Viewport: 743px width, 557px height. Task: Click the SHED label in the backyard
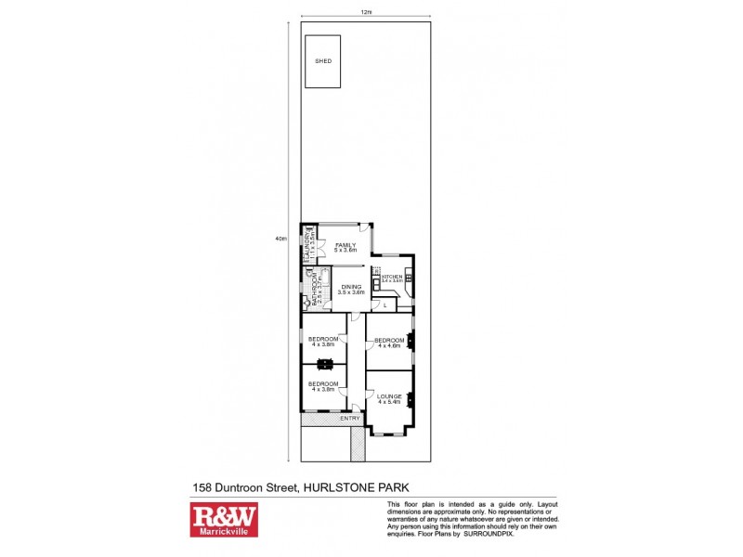point(322,60)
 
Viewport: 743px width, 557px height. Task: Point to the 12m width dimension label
point(366,11)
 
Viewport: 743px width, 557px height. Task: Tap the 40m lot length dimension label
point(280,239)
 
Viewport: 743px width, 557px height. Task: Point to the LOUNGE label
point(388,398)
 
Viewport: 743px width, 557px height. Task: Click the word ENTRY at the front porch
point(350,419)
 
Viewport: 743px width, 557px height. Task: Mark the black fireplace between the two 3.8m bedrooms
point(324,364)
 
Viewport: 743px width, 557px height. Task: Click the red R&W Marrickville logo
point(224,520)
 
